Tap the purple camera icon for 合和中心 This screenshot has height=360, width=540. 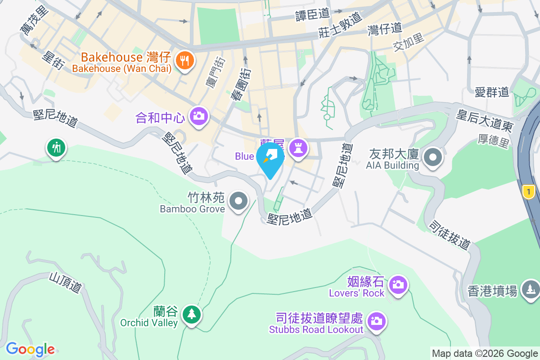click(198, 117)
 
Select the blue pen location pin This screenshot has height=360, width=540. click(270, 158)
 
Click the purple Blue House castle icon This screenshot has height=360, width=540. click(297, 148)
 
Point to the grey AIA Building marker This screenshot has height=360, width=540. click(433, 158)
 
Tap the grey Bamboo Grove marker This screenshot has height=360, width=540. click(238, 202)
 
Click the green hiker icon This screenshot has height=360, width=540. click(56, 148)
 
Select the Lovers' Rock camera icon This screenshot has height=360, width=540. click(397, 285)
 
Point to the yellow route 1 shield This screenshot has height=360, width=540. click(528, 192)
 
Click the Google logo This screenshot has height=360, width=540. click(30, 349)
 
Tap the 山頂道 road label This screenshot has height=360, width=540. click(67, 282)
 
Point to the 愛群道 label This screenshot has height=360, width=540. click(491, 93)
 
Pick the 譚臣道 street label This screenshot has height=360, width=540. click(312, 15)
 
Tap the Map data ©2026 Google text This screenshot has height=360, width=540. click(485, 353)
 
